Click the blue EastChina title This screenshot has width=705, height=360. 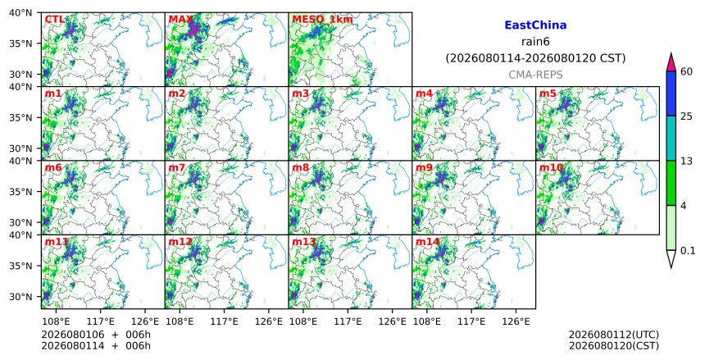click(x=535, y=25)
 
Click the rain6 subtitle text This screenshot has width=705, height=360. click(x=535, y=42)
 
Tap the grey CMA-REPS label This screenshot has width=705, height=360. click(x=535, y=75)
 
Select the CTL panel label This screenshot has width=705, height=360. click(x=54, y=20)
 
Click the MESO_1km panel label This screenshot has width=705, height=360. click(x=322, y=20)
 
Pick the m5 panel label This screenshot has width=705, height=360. click(x=548, y=93)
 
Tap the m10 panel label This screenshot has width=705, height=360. click(x=551, y=168)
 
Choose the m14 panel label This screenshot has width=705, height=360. click(x=427, y=242)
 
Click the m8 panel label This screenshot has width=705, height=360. click(x=300, y=168)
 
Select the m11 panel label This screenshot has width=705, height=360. click(x=57, y=242)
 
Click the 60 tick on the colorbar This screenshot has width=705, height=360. click(x=686, y=71)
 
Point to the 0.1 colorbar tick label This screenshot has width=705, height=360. click(x=688, y=251)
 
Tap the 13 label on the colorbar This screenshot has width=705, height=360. click(x=686, y=161)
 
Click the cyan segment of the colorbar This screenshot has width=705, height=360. click(x=671, y=138)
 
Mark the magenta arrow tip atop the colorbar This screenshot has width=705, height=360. click(x=671, y=53)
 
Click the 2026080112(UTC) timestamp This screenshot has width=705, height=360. click(x=614, y=335)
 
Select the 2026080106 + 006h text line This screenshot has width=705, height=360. click(x=96, y=335)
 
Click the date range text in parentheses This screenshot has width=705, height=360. click(x=535, y=58)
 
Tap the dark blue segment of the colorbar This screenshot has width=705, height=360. click(x=671, y=93)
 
